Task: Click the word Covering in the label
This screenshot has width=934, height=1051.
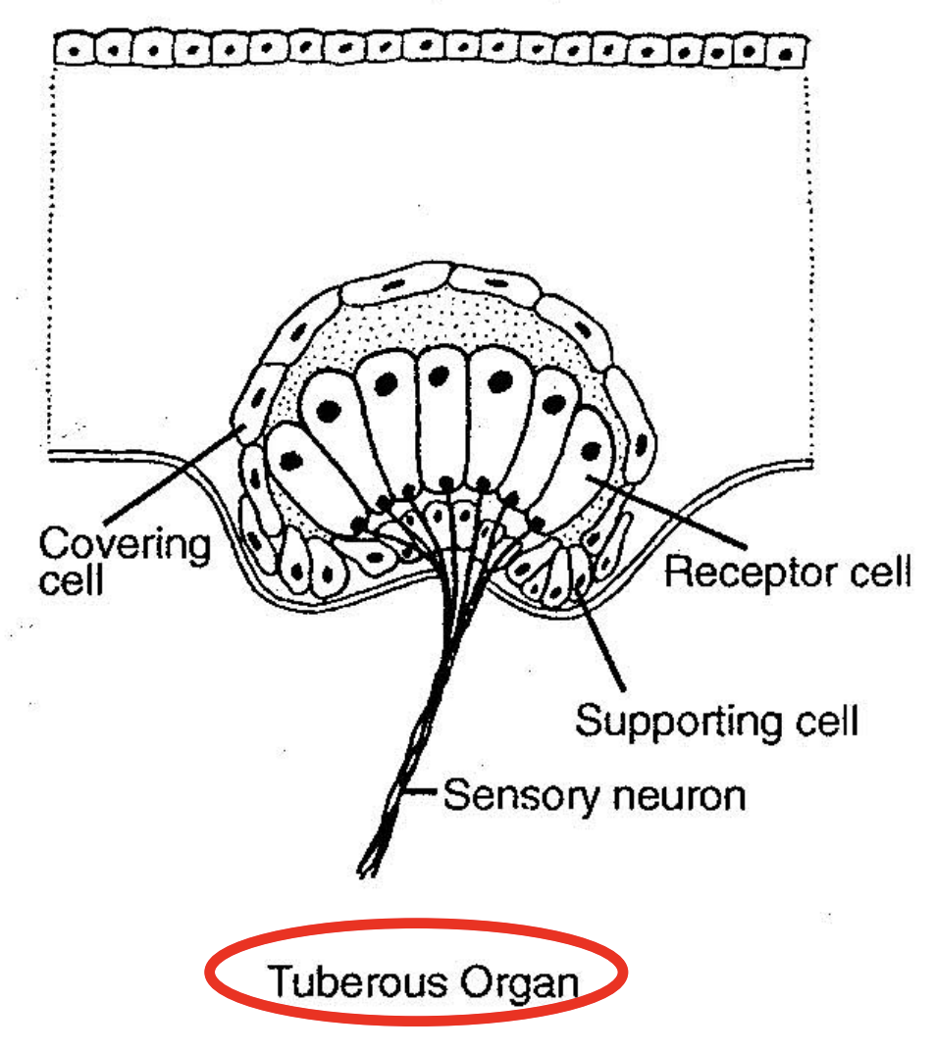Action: click(125, 544)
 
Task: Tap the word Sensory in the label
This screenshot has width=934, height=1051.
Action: click(506, 794)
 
